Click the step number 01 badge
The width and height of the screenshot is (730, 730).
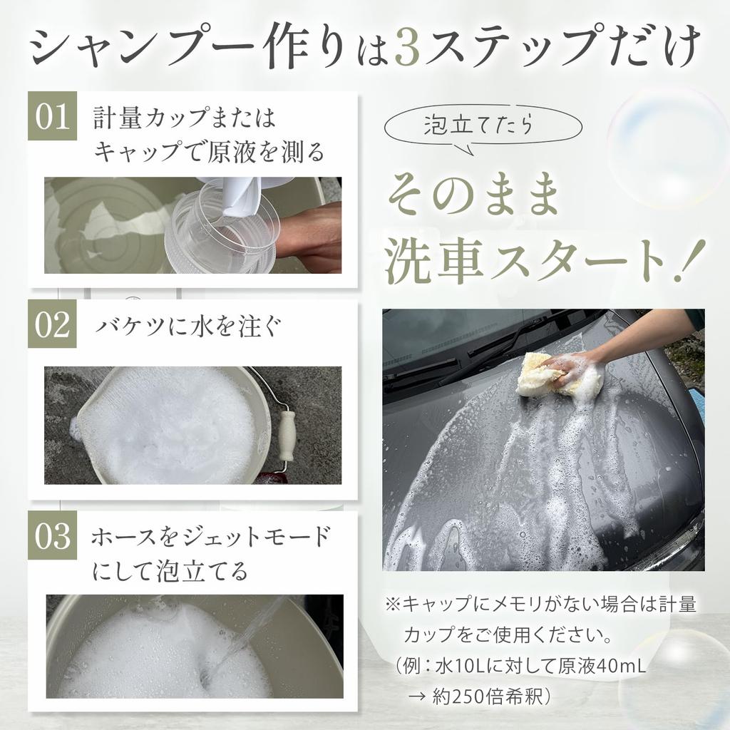[52, 116]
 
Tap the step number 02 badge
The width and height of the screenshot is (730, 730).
[52, 324]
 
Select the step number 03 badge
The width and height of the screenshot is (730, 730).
[52, 535]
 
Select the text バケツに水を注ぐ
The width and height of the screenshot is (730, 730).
[188, 325]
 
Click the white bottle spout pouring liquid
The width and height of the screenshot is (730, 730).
[237, 195]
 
